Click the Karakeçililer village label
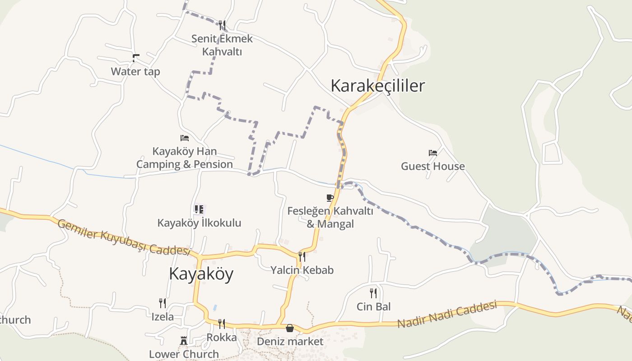378,86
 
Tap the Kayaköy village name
201,274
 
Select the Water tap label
135,71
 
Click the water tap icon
135,58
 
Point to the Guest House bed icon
433,153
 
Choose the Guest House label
433,167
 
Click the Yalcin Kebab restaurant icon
302,256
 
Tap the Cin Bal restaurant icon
373,293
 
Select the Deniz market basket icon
290,328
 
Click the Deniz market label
290,342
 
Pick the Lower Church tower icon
184,340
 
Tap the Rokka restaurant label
222,338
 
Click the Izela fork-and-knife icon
163,303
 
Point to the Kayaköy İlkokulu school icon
199,209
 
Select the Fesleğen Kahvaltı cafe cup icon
330,198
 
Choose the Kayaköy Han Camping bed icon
184,138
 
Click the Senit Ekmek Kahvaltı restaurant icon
222,25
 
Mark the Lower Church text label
184,354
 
